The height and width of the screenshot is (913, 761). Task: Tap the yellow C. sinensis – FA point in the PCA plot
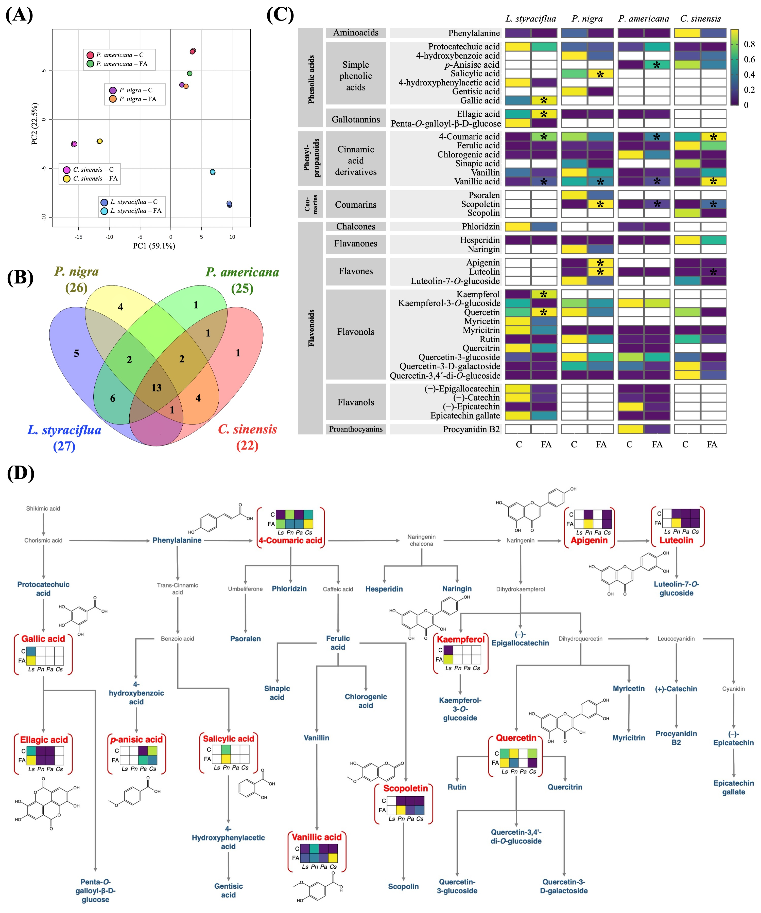100,141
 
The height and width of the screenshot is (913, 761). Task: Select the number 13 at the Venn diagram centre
156,388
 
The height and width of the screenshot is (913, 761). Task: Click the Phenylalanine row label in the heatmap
474,33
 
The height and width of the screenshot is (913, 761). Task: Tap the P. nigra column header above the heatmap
587,19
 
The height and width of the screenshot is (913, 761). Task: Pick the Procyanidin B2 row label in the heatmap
471,429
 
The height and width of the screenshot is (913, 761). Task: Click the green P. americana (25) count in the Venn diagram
242,288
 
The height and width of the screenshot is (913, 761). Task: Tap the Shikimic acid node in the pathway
43,509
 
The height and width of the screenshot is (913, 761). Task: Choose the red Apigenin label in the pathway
589,540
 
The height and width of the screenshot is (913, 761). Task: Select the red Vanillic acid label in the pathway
317,837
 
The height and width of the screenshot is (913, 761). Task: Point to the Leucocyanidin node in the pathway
676,639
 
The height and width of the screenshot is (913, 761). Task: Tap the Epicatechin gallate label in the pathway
734,787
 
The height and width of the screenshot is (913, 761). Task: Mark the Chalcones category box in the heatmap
356,226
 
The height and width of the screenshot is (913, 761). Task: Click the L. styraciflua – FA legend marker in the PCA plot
104,211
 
